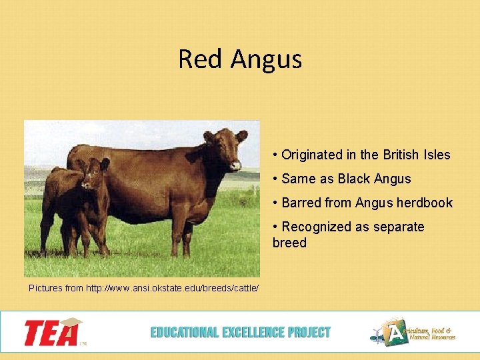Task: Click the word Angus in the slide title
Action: coord(267,60)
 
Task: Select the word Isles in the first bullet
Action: coord(436,155)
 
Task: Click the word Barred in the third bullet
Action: coord(301,203)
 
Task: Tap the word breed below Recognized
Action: coord(289,243)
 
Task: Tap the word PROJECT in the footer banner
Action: coord(309,332)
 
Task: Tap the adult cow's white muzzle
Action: coord(235,164)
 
